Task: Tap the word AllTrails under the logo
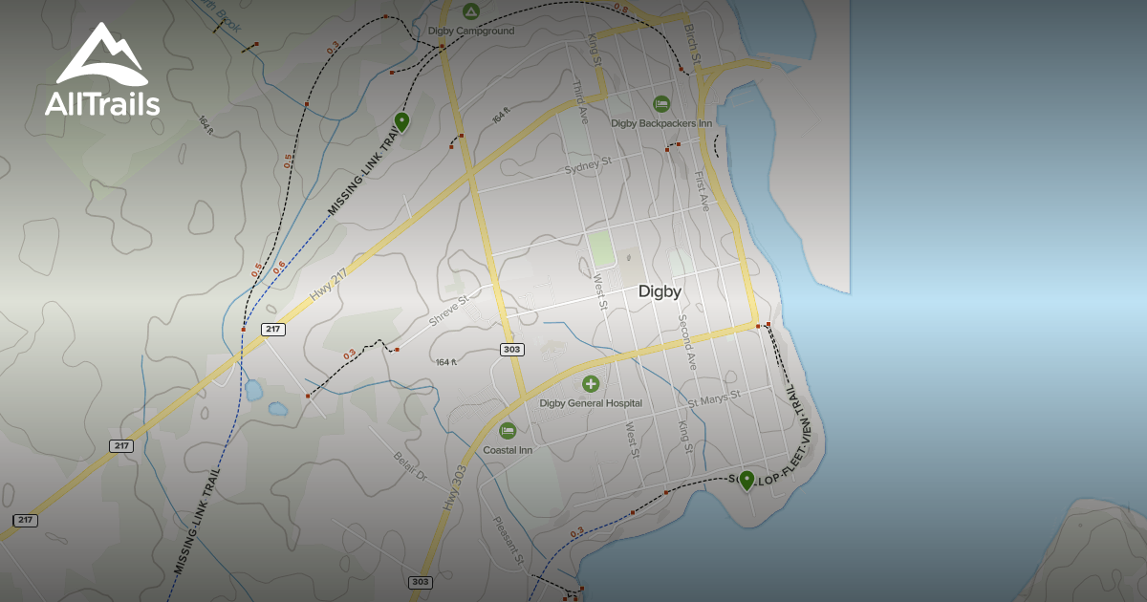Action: pyautogui.click(x=102, y=103)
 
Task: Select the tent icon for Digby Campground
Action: pyautogui.click(x=470, y=11)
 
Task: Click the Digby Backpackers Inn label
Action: pyautogui.click(x=661, y=123)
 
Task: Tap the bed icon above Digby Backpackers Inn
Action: pyautogui.click(x=661, y=103)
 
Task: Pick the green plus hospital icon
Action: pyautogui.click(x=591, y=384)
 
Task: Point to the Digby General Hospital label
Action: pyautogui.click(x=591, y=403)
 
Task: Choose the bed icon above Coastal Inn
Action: pyautogui.click(x=507, y=431)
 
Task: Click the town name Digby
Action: pyautogui.click(x=660, y=291)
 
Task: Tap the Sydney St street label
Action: pyautogui.click(x=587, y=167)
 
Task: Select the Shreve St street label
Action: pyautogui.click(x=448, y=312)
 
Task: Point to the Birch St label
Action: pyautogui.click(x=692, y=45)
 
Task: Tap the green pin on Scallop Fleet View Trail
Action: pyautogui.click(x=747, y=480)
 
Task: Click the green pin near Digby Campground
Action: pyautogui.click(x=401, y=121)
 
